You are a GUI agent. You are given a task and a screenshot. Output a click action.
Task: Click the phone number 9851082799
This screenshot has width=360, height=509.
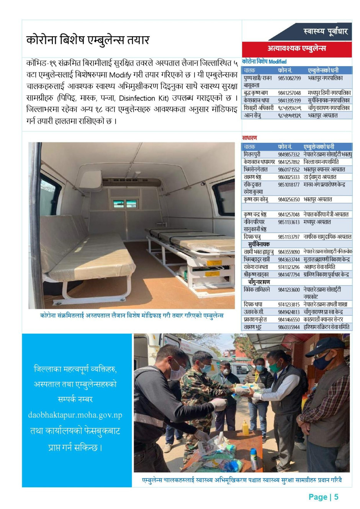[289, 78]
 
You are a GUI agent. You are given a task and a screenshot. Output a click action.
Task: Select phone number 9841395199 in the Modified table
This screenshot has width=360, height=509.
[289, 100]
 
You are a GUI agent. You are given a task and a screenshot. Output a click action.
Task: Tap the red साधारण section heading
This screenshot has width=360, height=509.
[249, 138]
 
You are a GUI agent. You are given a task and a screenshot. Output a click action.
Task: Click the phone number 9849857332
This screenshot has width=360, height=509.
[289, 154]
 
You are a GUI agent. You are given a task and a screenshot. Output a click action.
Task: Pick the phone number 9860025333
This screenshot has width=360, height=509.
[289, 177]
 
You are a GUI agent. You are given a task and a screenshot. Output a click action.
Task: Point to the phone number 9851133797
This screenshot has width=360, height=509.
[289, 237]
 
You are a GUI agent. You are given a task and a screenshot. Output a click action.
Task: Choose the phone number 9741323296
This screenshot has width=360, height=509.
[289, 267]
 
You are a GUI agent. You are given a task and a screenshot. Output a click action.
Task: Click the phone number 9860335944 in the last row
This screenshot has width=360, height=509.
[289, 327]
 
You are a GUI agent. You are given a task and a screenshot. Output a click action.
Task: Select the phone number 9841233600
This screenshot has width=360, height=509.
[289, 290]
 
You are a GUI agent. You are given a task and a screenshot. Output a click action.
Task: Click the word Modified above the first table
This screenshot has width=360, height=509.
[277, 62]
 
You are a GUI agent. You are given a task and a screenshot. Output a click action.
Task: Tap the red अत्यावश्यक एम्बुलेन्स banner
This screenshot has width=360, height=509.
[297, 49]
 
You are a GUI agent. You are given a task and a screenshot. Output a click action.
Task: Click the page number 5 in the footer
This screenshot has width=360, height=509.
[336, 497]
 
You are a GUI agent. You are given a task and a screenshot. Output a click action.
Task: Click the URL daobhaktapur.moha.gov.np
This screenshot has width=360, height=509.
[75, 415]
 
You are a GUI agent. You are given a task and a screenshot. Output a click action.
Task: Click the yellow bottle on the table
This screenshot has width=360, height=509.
[245, 427]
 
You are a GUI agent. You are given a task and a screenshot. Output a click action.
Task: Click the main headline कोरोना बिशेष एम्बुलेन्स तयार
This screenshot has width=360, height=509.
[88, 40]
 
